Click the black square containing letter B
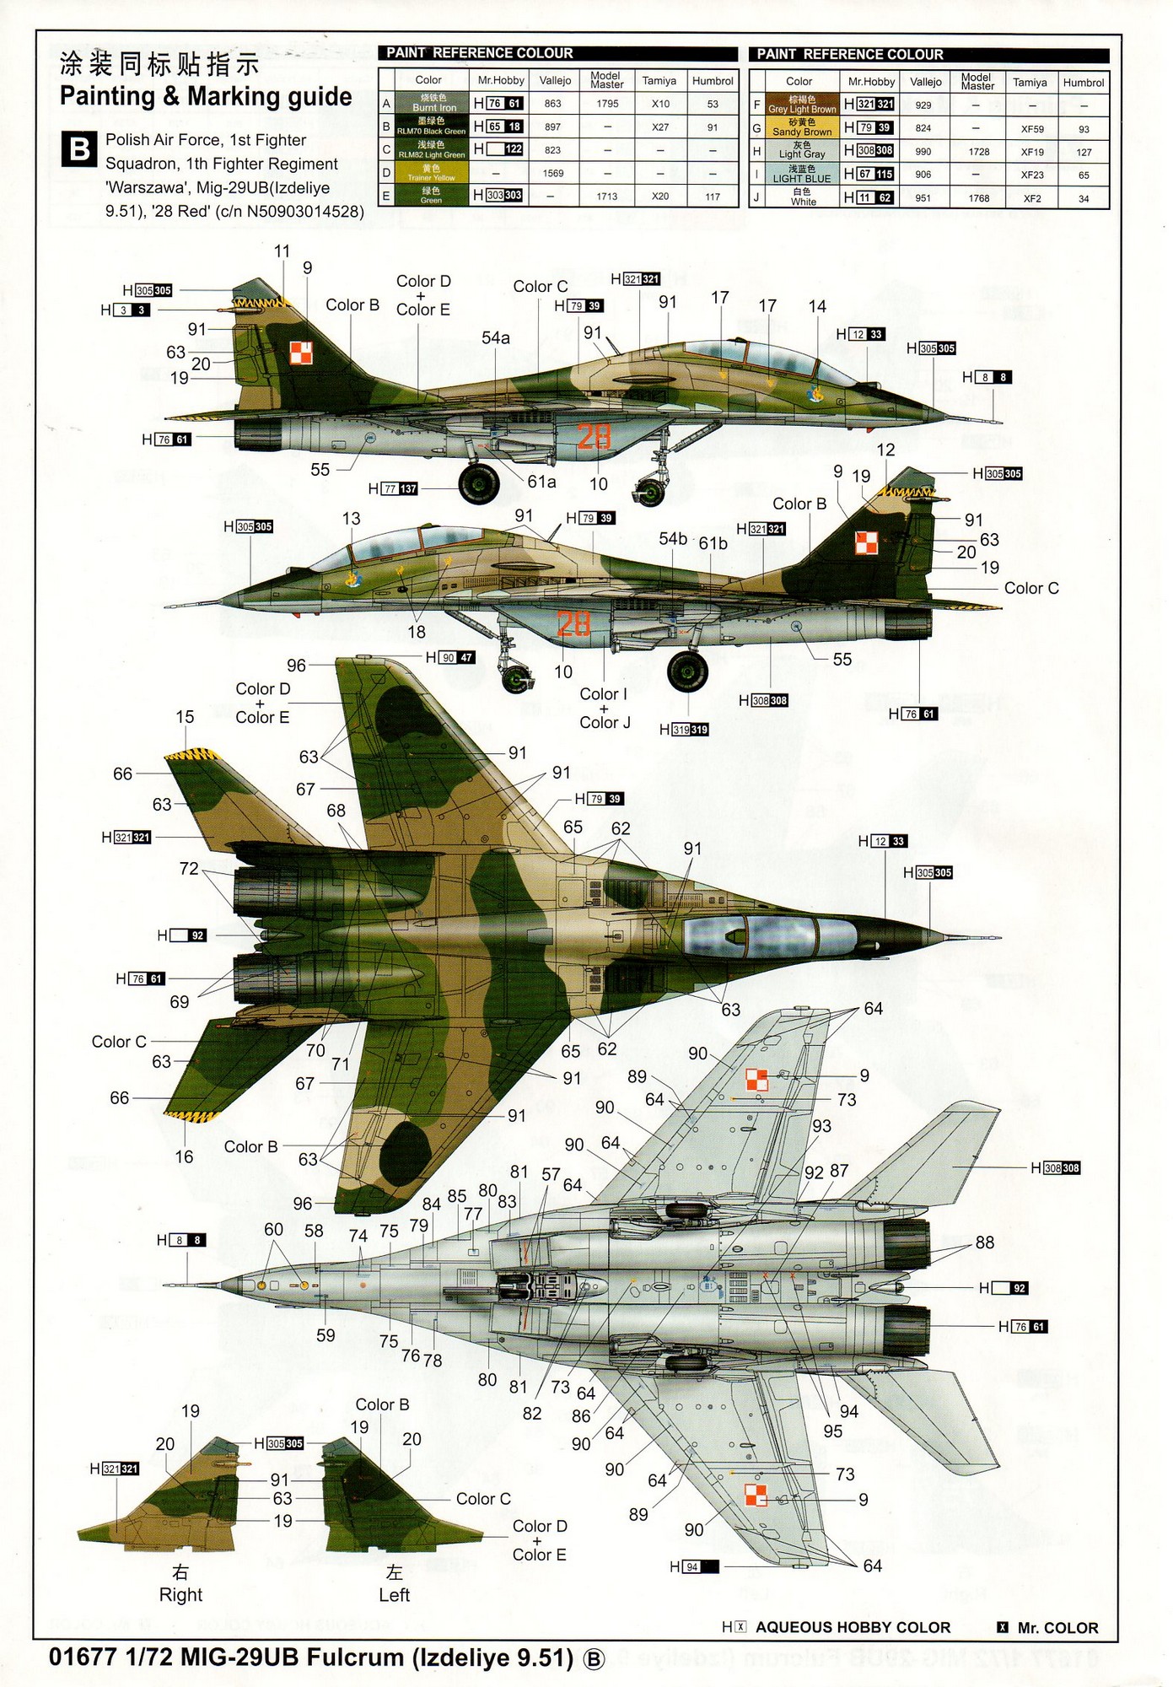coord(78,150)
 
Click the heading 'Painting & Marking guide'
coord(206,97)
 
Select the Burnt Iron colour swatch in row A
coord(433,103)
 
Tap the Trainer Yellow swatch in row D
coord(431,173)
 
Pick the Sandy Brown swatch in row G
coord(801,127)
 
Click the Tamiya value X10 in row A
coord(659,104)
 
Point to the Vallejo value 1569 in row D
coord(552,173)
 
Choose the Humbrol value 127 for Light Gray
coord(1083,152)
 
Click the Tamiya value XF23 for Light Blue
coord(1031,175)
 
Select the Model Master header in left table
coord(606,80)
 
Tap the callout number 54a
coord(496,338)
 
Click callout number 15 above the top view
coord(185,717)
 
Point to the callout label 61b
coord(713,543)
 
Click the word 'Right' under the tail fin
coord(180,1595)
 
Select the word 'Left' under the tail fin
coord(394,1595)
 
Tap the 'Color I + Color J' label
coord(604,708)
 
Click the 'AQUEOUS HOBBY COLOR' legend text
coord(853,1628)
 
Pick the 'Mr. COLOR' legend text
coord(1057,1628)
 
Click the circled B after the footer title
coord(595,1659)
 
